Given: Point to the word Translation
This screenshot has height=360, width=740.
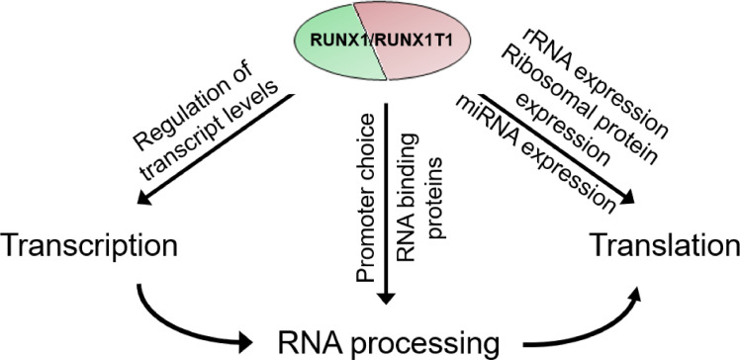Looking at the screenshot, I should (662, 242).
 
